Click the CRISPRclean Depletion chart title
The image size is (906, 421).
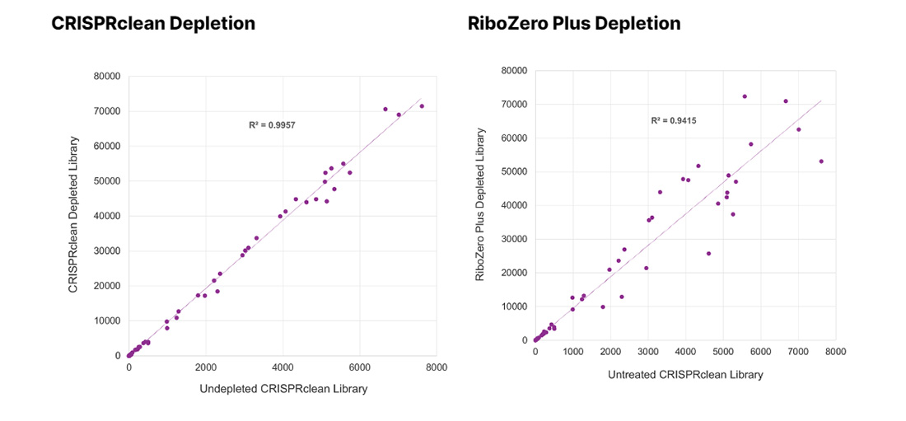point(153,24)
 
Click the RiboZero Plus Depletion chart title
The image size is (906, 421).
point(574,24)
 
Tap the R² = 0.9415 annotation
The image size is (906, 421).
point(674,120)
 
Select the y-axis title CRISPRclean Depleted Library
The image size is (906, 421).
point(73,216)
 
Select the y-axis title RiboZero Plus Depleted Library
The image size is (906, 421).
point(480,205)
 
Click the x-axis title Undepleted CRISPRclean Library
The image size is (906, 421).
point(283,389)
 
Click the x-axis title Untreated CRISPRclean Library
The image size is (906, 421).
point(685,374)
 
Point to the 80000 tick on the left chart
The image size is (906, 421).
point(107,77)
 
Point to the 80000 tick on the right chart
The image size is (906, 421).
point(512,71)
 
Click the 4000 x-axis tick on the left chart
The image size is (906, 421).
point(283,368)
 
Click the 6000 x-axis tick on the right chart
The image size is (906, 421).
point(760,352)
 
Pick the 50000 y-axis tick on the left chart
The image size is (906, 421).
point(107,181)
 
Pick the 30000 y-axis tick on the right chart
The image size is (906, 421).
point(512,239)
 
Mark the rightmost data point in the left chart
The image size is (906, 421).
point(422,106)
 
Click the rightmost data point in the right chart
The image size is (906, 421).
point(821,161)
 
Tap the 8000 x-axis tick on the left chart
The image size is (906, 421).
point(437,368)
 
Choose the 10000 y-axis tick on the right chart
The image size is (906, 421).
point(512,306)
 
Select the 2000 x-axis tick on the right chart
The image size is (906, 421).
point(610,352)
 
